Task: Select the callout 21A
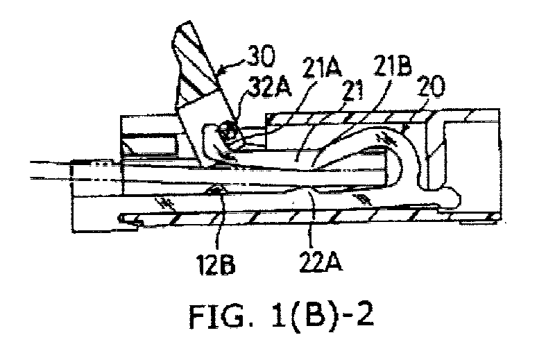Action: click(x=322, y=67)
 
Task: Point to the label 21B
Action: click(x=393, y=66)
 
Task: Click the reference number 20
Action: click(x=431, y=87)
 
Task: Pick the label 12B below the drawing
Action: click(x=216, y=265)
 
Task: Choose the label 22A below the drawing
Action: click(x=321, y=263)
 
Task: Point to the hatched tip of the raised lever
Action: click(x=194, y=60)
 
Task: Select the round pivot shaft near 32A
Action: click(x=228, y=132)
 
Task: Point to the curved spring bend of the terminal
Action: click(x=404, y=156)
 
